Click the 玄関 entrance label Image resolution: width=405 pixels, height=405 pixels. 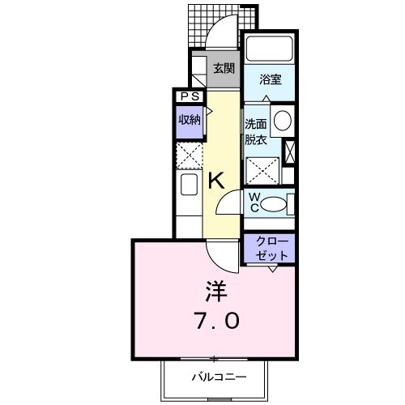click(x=224, y=68)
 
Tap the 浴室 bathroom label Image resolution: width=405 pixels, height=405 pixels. click(x=270, y=79)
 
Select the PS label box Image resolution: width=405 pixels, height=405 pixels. click(x=190, y=96)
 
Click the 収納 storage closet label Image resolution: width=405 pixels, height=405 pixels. click(x=190, y=120)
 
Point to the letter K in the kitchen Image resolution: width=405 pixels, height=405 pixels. click(x=216, y=181)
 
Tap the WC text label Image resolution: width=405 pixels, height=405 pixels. click(x=254, y=202)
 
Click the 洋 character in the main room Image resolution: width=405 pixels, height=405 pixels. click(x=215, y=289)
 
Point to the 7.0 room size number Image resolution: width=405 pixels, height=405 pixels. click(x=215, y=322)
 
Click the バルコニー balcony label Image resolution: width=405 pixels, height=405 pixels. click(x=217, y=377)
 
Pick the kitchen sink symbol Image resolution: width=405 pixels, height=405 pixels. click(x=189, y=185)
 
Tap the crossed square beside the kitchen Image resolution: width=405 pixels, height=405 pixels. click(x=189, y=154)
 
